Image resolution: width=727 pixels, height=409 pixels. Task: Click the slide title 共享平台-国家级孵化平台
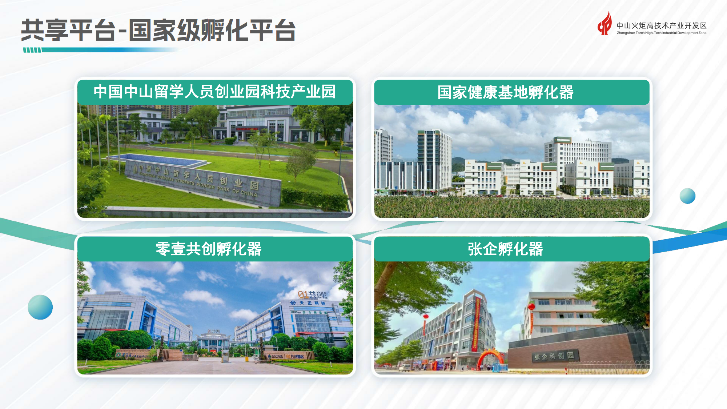click(158, 30)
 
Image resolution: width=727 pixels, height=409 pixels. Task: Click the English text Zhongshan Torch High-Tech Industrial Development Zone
click(662, 33)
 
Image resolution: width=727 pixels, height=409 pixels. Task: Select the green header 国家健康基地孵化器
click(505, 92)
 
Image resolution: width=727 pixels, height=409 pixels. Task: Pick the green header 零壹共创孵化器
click(209, 249)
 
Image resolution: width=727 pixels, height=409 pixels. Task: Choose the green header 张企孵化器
click(505, 249)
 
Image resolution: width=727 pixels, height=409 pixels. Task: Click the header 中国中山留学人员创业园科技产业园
click(214, 92)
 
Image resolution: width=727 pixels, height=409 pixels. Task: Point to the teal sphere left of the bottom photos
click(40, 307)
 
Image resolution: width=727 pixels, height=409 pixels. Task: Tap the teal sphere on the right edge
click(687, 196)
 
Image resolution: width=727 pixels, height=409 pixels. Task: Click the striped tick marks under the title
click(32, 50)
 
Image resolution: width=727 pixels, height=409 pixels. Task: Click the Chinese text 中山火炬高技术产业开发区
click(662, 25)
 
